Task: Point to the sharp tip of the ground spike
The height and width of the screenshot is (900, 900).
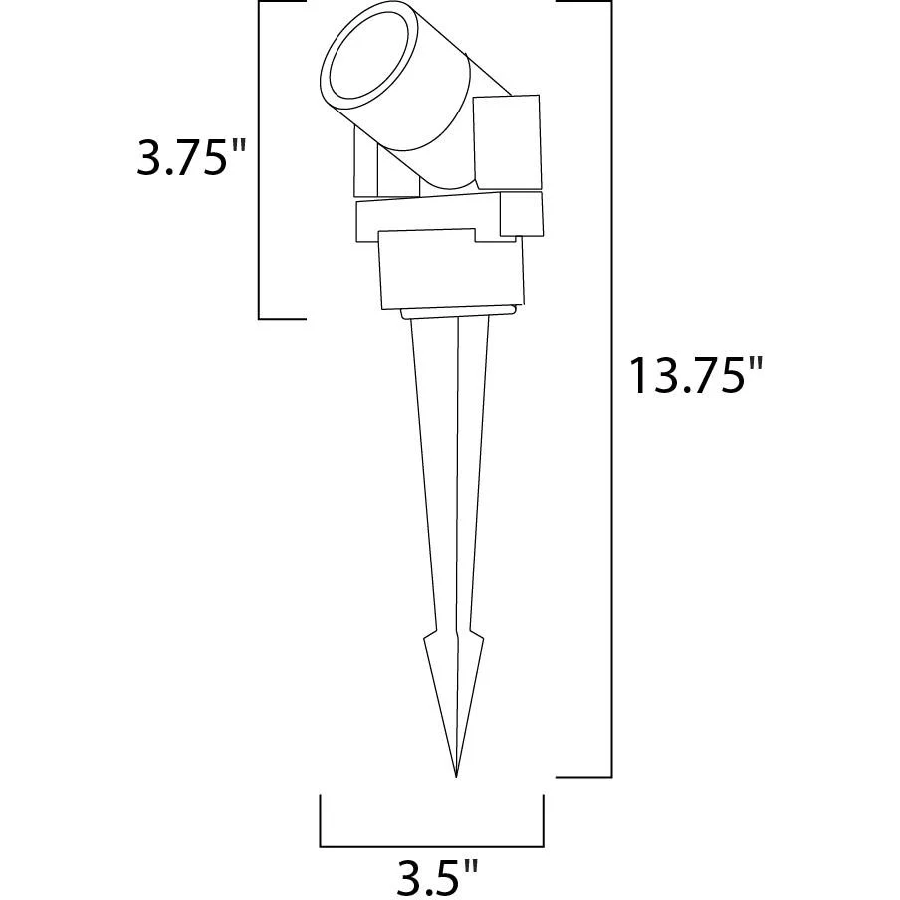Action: (456, 776)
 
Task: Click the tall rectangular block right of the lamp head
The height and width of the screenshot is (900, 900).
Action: (508, 142)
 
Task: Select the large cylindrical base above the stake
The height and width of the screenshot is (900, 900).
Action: (451, 269)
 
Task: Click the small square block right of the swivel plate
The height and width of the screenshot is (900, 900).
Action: (521, 214)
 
